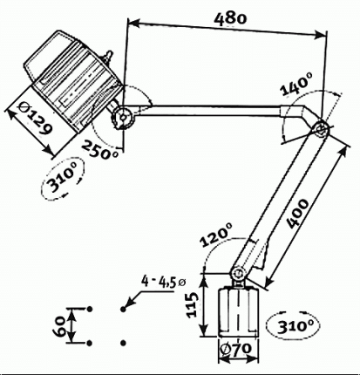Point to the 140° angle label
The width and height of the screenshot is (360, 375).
[x=296, y=85]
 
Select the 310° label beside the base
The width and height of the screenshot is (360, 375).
[x=295, y=325]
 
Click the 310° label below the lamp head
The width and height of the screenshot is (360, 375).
[x=60, y=181]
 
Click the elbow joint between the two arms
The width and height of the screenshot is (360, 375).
[x=321, y=129]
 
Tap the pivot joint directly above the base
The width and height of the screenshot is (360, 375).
[x=237, y=272]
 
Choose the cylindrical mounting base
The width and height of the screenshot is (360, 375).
[x=235, y=310]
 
